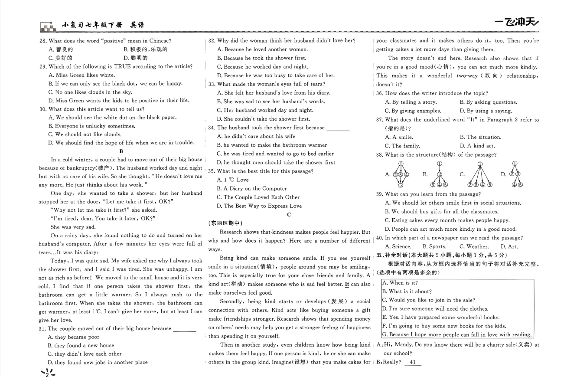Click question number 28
42,41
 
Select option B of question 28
145,49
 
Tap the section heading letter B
121,151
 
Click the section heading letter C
289,214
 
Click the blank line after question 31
185,329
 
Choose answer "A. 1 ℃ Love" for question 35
233,180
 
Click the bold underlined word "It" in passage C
346,284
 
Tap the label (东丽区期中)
225,223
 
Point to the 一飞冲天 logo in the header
516,23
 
